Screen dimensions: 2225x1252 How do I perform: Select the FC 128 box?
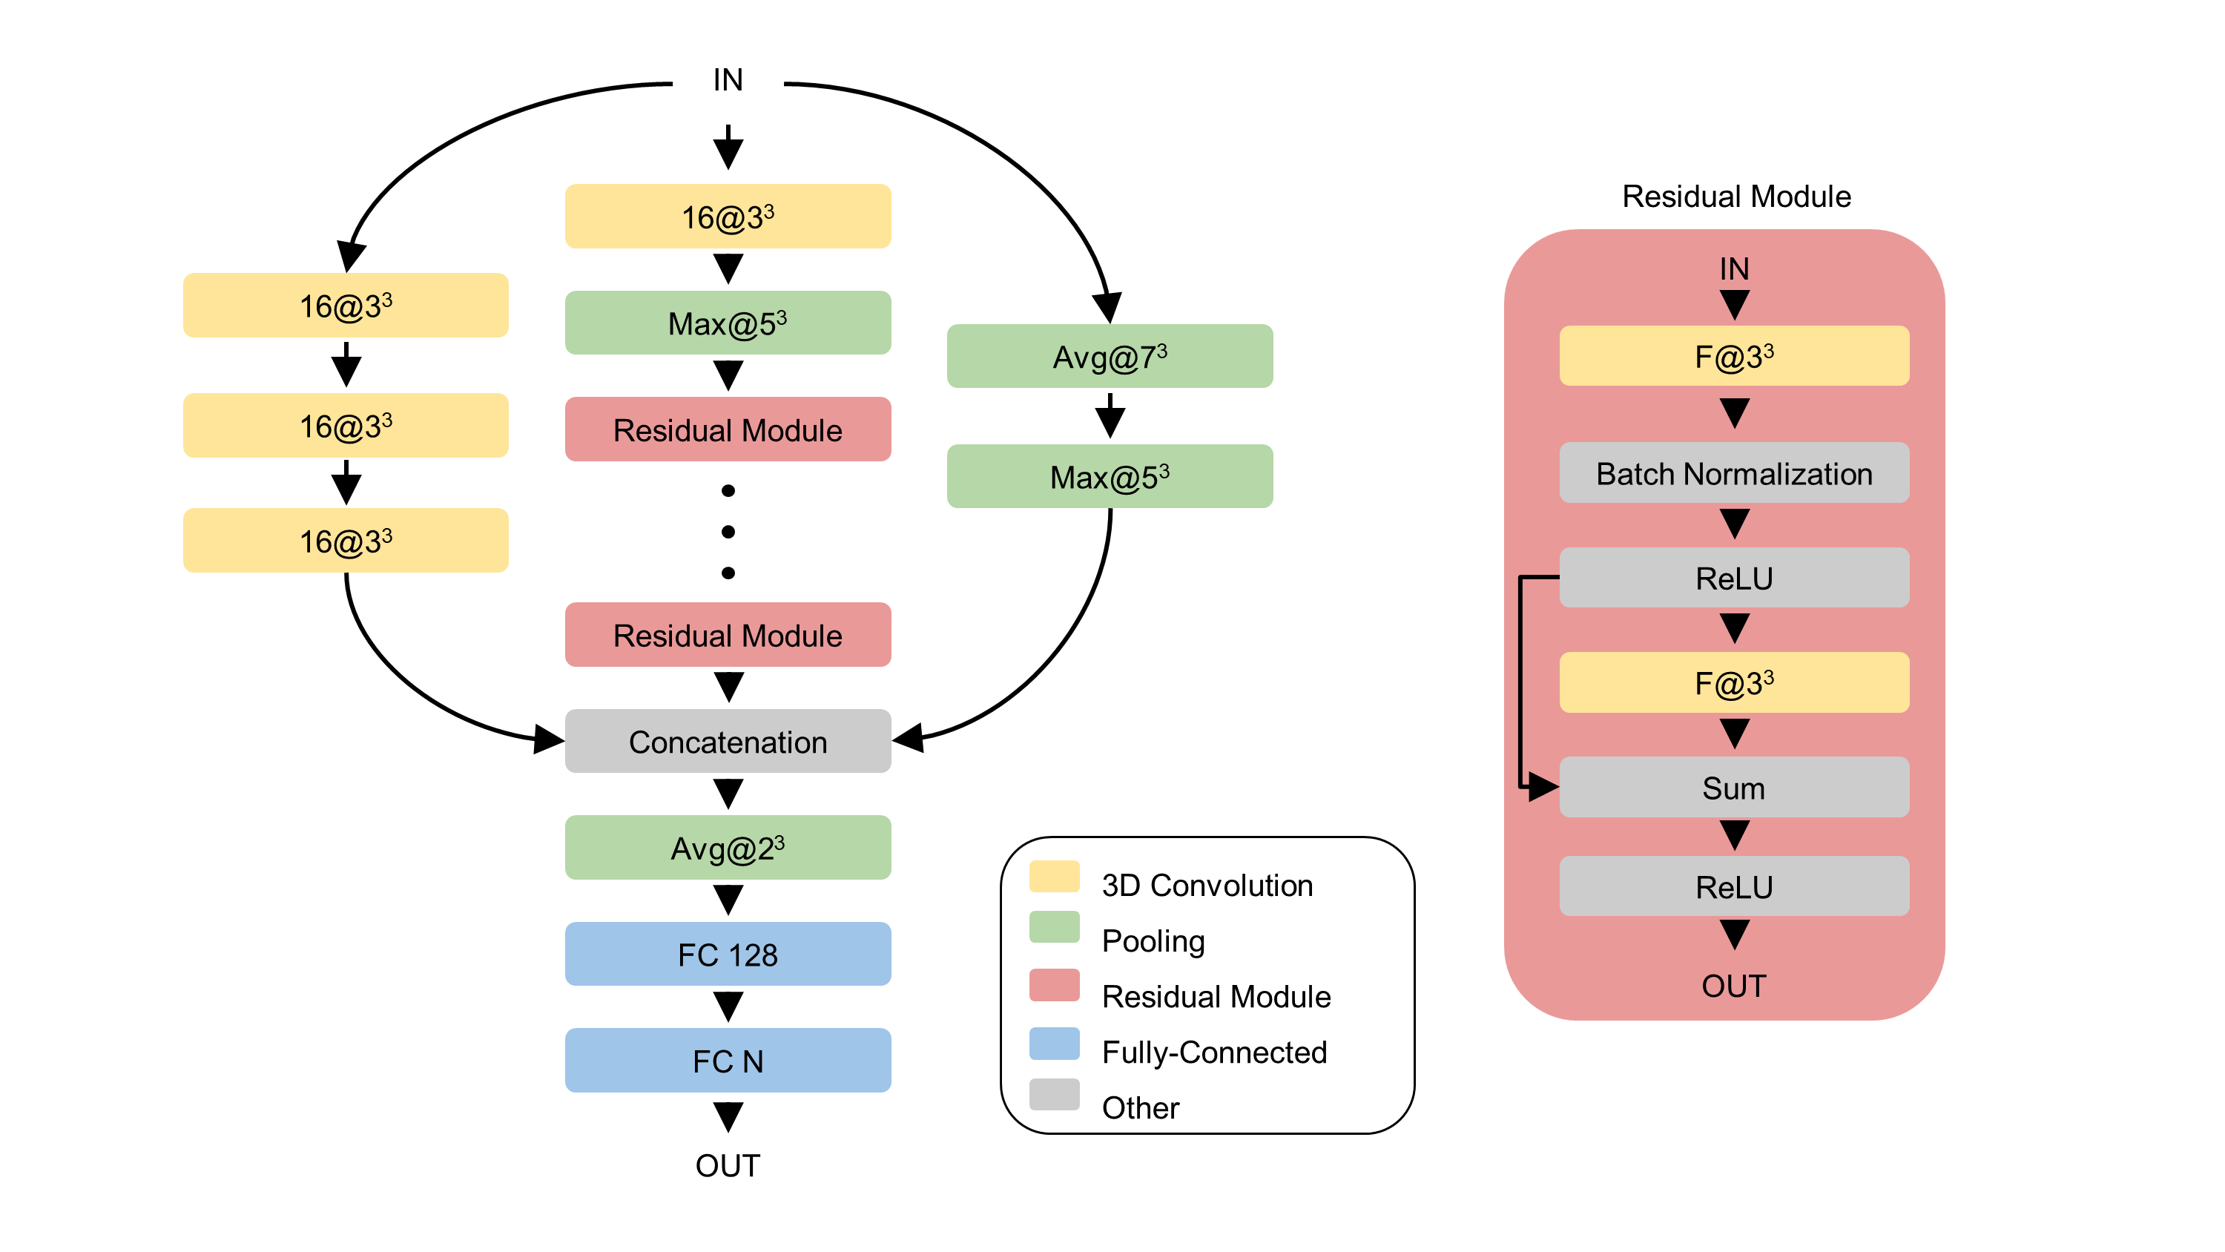(728, 954)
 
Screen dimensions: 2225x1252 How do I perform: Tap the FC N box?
(728, 1060)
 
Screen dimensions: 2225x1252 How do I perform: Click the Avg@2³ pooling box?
(728, 848)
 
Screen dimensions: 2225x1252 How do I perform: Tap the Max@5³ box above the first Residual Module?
(728, 323)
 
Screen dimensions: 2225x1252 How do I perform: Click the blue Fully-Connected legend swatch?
(1054, 1043)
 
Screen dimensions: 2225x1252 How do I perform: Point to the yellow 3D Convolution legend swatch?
(1054, 875)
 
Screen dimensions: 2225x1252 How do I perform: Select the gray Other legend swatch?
(1054, 1094)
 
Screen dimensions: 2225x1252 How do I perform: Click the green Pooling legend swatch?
(1054, 926)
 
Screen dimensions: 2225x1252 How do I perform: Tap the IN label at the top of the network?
(728, 79)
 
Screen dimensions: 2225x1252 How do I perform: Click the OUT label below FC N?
(728, 1166)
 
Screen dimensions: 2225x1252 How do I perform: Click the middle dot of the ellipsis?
(728, 531)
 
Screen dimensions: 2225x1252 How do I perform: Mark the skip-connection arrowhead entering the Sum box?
(1543, 787)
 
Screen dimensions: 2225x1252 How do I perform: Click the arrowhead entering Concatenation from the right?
(908, 739)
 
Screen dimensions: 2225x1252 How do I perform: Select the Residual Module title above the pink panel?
(1736, 196)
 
